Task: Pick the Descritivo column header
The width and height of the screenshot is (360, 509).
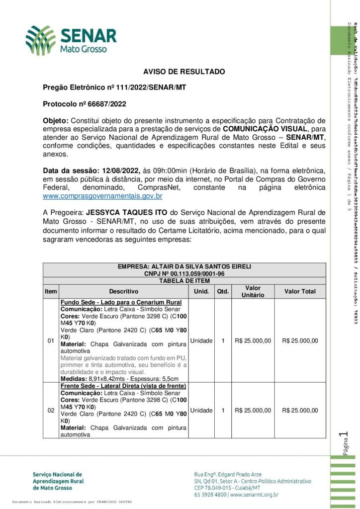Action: click(124, 291)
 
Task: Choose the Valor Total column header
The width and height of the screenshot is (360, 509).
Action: click(299, 291)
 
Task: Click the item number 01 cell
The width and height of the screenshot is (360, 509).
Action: click(51, 341)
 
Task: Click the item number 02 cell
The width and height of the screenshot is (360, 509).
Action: click(51, 411)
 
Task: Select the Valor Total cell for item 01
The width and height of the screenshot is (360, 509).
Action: click(299, 340)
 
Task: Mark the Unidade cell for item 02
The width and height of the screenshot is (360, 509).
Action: click(201, 411)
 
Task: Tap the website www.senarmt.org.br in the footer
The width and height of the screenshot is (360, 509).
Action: click(254, 495)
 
